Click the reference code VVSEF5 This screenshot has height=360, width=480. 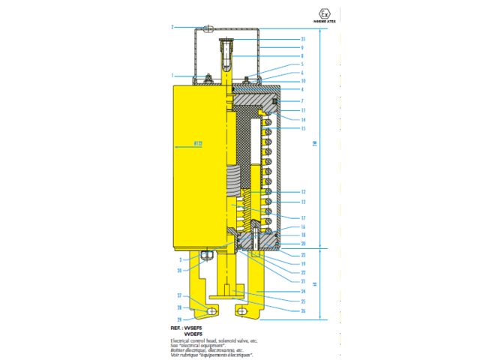pos(198,328)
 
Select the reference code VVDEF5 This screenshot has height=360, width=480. pos(198,334)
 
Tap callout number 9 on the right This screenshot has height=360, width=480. pos(282,46)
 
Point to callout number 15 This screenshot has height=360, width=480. pos(282,128)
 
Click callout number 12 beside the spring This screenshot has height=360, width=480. pos(282,192)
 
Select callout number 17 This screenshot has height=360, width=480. pos(282,218)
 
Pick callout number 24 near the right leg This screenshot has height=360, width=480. pos(282,292)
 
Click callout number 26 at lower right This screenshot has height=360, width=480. pos(282,311)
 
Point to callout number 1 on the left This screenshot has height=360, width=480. pos(172,75)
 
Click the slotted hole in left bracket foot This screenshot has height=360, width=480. pos(212,310)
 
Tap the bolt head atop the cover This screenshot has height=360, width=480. pos(209,29)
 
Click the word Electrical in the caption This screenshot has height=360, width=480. pos(181,340)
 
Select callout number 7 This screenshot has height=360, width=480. pos(282,100)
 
